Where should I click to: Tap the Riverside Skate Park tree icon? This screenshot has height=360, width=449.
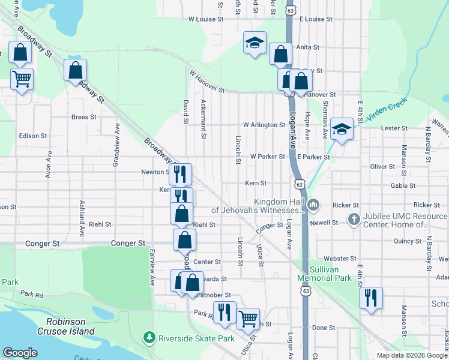149,338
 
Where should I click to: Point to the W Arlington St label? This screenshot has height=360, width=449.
264,125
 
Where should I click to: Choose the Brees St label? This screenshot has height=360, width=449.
83,117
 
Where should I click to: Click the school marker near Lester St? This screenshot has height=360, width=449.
342,129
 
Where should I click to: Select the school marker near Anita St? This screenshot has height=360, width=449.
255,43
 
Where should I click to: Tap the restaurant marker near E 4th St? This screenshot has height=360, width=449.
371,298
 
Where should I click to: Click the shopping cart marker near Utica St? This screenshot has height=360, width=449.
248,318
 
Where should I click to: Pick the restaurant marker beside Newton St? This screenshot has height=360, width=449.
180,174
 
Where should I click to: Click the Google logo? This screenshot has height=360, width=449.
20,353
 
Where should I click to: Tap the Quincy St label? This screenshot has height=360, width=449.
407,241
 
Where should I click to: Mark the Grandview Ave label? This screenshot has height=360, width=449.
116,145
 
